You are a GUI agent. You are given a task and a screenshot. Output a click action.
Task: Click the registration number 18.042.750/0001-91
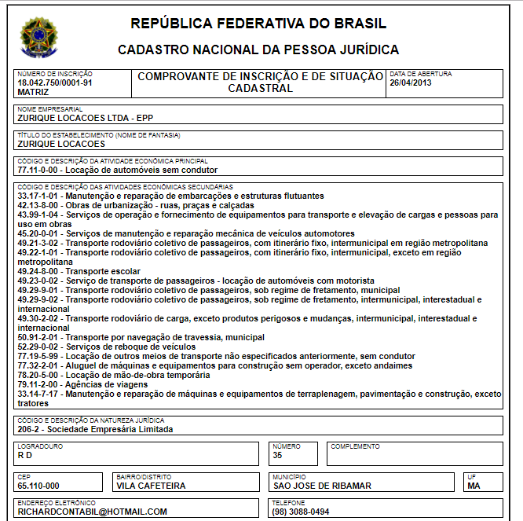pos(55,83)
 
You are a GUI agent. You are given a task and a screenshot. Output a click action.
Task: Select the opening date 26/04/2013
pos(411,83)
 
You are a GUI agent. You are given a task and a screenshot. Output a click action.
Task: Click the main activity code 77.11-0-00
pos(38,170)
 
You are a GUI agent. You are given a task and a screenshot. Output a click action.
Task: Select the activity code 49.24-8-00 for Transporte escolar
pos(38,271)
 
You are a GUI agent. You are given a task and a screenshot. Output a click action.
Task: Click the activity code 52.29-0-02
pos(38,347)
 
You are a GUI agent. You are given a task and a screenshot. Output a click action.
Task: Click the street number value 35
pos(277,455)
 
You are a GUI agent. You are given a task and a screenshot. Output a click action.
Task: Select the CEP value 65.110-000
pos(38,486)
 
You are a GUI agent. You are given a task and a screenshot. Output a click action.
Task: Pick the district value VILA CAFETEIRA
pos(151,486)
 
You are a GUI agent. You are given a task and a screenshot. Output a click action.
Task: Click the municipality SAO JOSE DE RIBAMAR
pos(322,486)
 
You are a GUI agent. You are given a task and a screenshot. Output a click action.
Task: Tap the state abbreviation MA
pos(474,486)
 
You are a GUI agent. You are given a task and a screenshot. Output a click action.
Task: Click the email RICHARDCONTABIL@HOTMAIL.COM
pos(92,512)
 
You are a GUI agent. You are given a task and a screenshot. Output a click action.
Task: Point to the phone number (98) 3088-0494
pos(302,512)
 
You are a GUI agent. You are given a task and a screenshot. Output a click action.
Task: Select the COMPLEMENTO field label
pos(355,446)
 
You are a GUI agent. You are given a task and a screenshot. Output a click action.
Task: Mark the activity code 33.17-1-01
pos(38,195)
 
